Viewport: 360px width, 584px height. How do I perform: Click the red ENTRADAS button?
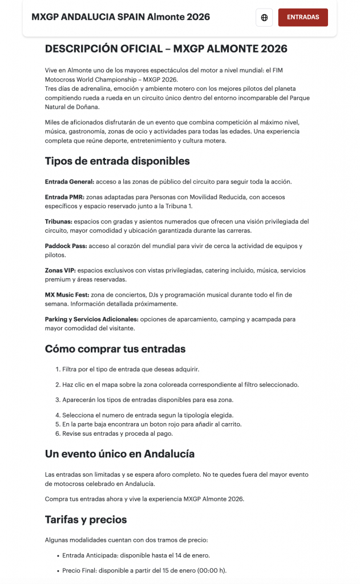(303, 17)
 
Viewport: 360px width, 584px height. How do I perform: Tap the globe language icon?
(264, 18)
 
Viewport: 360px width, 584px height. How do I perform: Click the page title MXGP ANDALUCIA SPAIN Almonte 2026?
(121, 17)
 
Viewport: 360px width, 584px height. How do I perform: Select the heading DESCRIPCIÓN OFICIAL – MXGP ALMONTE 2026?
(166, 49)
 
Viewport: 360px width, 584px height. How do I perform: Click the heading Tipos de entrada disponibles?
(117, 161)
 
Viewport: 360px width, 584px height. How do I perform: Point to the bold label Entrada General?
(69, 181)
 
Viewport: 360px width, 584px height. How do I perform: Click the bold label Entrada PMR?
(64, 197)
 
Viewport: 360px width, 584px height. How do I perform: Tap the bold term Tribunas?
(59, 221)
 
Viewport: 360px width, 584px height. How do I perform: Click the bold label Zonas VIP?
(60, 270)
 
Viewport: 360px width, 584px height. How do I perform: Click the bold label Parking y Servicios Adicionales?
(91, 319)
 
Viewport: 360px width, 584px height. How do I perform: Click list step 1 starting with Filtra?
(131, 369)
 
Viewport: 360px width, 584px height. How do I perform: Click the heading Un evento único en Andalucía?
(120, 454)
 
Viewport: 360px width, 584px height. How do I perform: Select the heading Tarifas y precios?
(86, 520)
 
